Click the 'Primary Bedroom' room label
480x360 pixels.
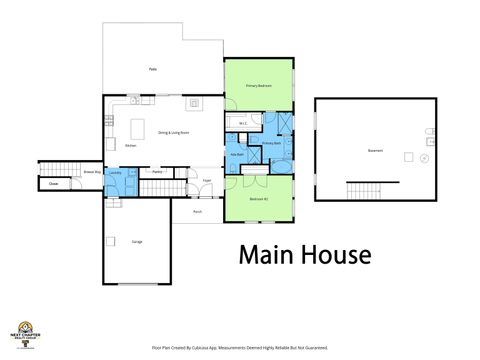point(259,87)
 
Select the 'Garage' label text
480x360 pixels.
point(136,242)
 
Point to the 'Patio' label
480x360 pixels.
point(153,69)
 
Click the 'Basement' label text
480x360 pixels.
point(375,152)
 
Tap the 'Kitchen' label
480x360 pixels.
point(130,145)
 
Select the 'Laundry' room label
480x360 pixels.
point(116,173)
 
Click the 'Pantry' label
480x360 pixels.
point(157,172)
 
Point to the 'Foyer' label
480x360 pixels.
point(206,181)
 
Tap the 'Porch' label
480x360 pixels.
point(197,212)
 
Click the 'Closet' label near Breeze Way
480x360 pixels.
point(53,184)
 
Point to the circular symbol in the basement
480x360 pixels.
point(425,158)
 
